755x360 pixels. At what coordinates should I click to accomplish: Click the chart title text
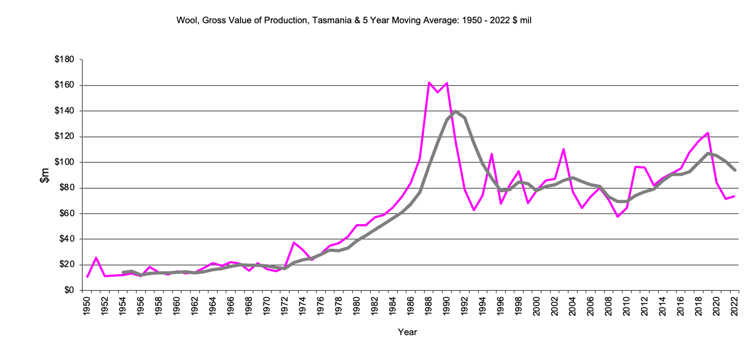pyautogui.click(x=355, y=21)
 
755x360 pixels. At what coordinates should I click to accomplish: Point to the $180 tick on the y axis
pyautogui.click(x=64, y=59)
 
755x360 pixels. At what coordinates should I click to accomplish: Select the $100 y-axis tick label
pyautogui.click(x=64, y=162)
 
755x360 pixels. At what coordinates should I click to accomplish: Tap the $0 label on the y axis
pyautogui.click(x=69, y=290)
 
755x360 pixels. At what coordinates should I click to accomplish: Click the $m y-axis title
pyautogui.click(x=45, y=175)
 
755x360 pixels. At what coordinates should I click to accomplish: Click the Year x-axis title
pyautogui.click(x=407, y=332)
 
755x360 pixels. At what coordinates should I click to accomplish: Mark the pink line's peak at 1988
pyautogui.click(x=429, y=83)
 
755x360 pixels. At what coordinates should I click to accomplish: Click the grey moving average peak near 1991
pyautogui.click(x=456, y=111)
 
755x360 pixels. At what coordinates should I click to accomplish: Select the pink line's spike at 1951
pyautogui.click(x=96, y=258)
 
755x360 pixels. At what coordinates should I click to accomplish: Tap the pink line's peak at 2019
pyautogui.click(x=707, y=133)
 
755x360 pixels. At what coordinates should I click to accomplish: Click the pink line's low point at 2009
pyautogui.click(x=618, y=217)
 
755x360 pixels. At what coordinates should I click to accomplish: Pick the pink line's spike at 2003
pyautogui.click(x=564, y=149)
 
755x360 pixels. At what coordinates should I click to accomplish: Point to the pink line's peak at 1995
pyautogui.click(x=492, y=154)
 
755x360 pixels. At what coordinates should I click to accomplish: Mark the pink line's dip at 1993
pyautogui.click(x=474, y=210)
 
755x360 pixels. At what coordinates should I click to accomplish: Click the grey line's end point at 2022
pyautogui.click(x=735, y=170)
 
